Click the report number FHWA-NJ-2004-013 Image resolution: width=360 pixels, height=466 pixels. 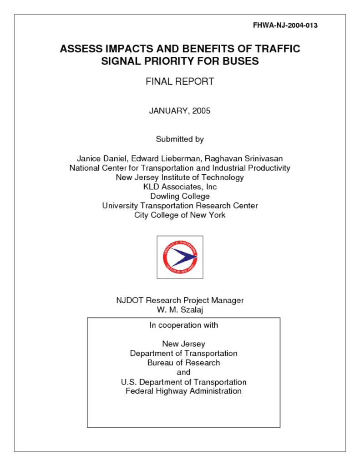(285, 25)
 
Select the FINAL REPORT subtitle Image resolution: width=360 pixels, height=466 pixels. (180, 82)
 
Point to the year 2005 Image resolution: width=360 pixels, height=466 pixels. (201, 111)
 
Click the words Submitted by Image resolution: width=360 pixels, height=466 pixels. (180, 139)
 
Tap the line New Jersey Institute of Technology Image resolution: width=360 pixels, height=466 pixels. (180, 177)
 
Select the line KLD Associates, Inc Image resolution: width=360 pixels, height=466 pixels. (180, 187)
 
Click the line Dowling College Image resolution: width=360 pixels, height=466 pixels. (180, 197)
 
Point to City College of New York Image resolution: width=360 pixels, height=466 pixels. (180, 215)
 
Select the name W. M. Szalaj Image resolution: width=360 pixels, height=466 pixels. (180, 310)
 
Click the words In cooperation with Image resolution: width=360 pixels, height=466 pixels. (183, 325)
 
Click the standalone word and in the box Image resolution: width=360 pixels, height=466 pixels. (183, 373)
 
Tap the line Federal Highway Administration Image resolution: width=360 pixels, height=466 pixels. (183, 391)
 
